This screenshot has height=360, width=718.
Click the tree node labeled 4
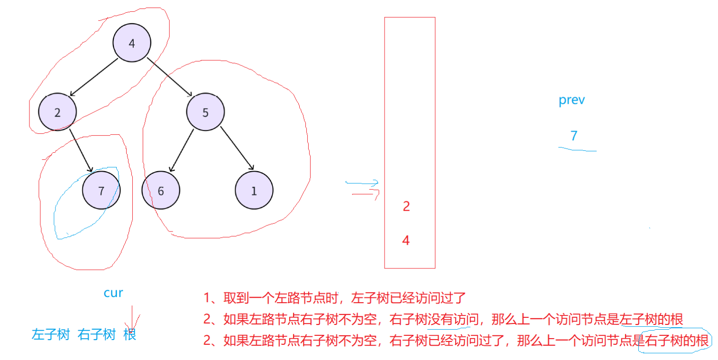click(132, 43)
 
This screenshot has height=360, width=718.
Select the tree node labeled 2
click(58, 112)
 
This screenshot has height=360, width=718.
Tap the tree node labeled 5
click(205, 112)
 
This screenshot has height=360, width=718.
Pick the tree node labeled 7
click(101, 191)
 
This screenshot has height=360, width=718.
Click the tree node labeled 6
click(161, 191)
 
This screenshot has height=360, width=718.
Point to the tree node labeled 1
click(254, 191)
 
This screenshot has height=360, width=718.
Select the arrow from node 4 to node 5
click(168, 77)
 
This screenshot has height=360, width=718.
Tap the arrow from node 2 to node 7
click(80, 149)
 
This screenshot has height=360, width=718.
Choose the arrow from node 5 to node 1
click(237, 148)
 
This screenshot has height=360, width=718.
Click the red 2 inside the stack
click(406, 206)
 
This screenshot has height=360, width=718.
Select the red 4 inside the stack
click(405, 240)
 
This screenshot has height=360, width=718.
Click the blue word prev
click(571, 101)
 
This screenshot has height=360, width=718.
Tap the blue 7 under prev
click(574, 136)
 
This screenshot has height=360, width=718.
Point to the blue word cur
click(113, 293)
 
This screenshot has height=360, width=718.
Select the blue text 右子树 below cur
click(97, 334)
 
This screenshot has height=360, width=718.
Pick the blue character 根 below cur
click(129, 334)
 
